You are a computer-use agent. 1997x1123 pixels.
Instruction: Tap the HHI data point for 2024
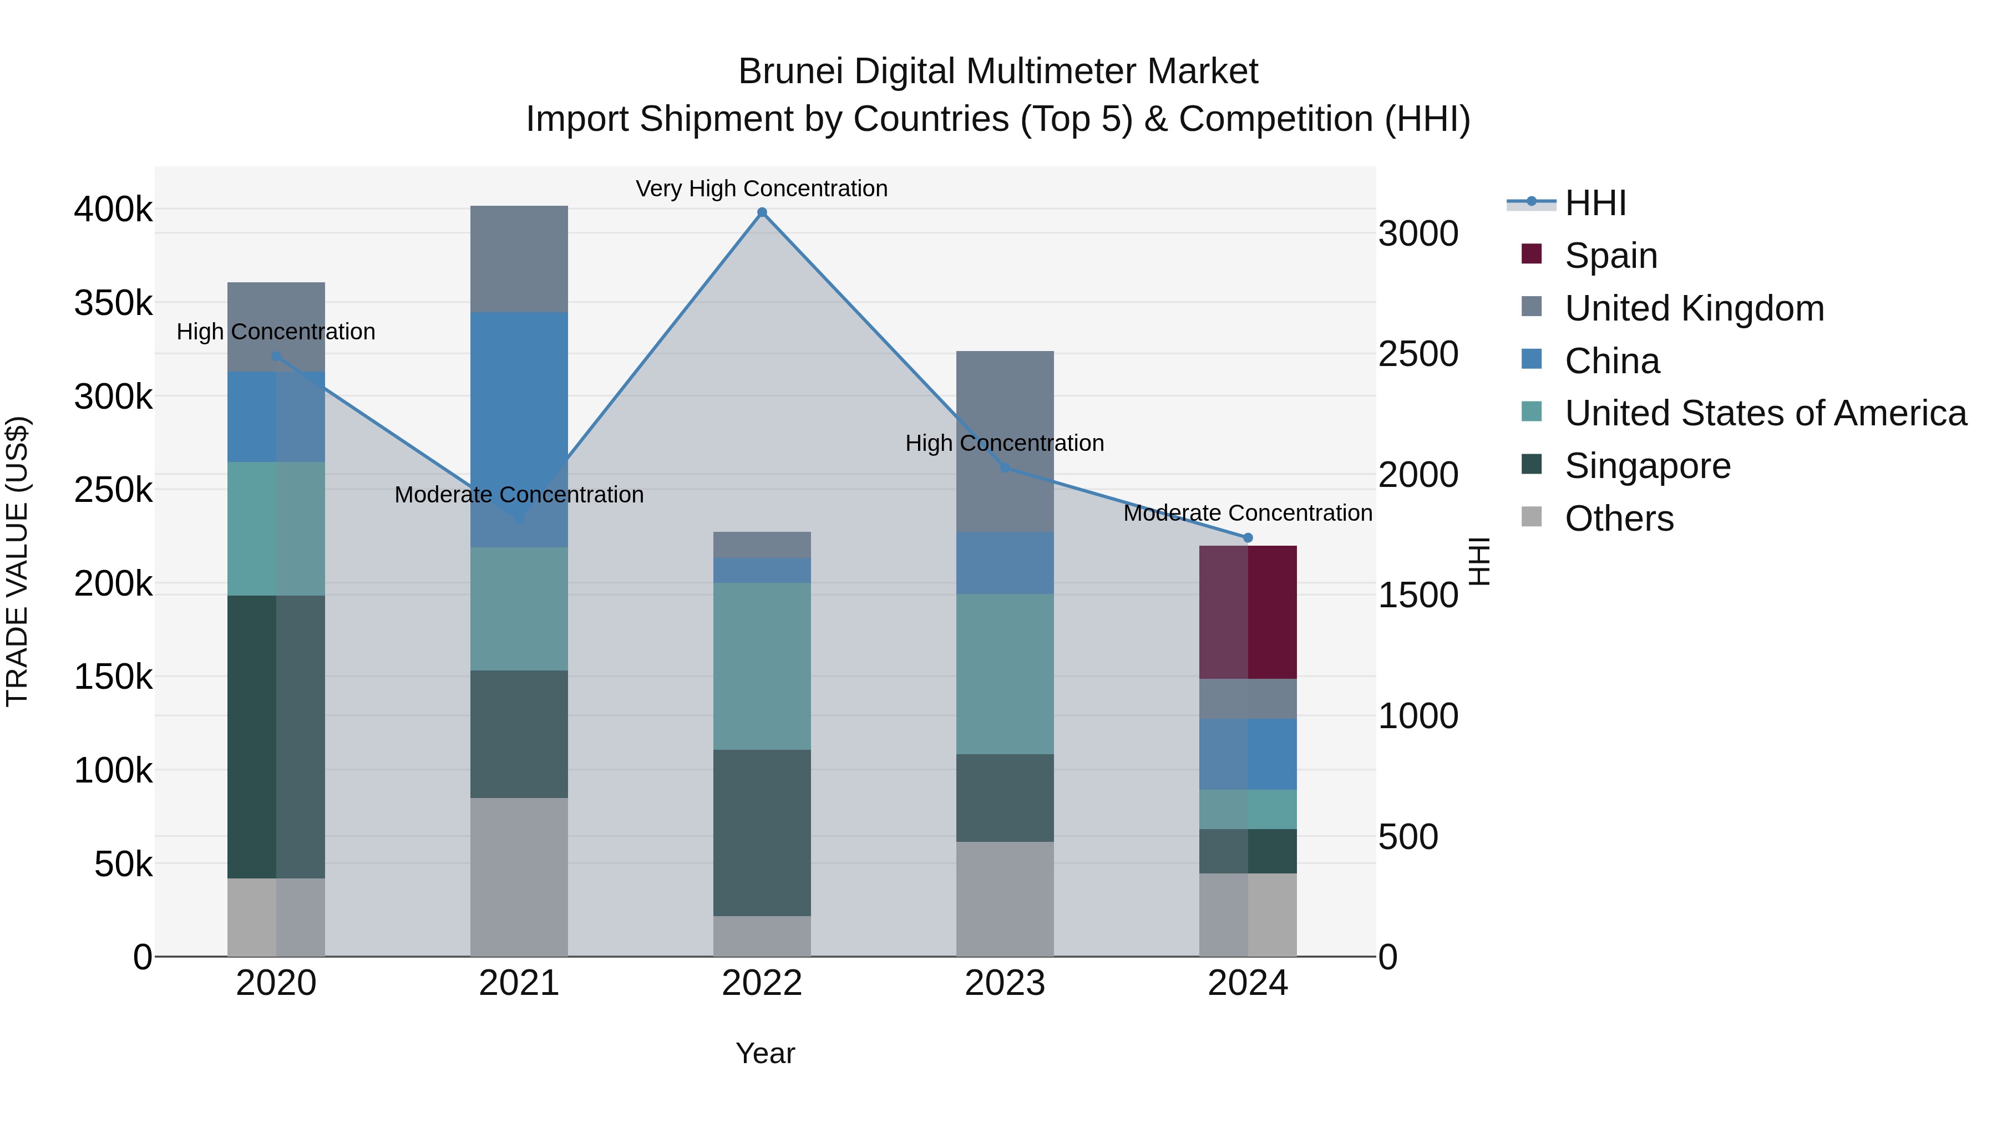pos(1248,538)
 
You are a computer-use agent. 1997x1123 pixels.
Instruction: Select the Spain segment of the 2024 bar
pos(1248,612)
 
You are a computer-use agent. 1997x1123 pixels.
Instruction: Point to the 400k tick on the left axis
pos(113,209)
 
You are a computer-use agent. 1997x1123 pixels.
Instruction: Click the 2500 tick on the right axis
pos(1418,354)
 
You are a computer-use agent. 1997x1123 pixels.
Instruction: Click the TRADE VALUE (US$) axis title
pos(17,561)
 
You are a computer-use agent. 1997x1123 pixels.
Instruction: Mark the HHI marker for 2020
pos(276,357)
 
